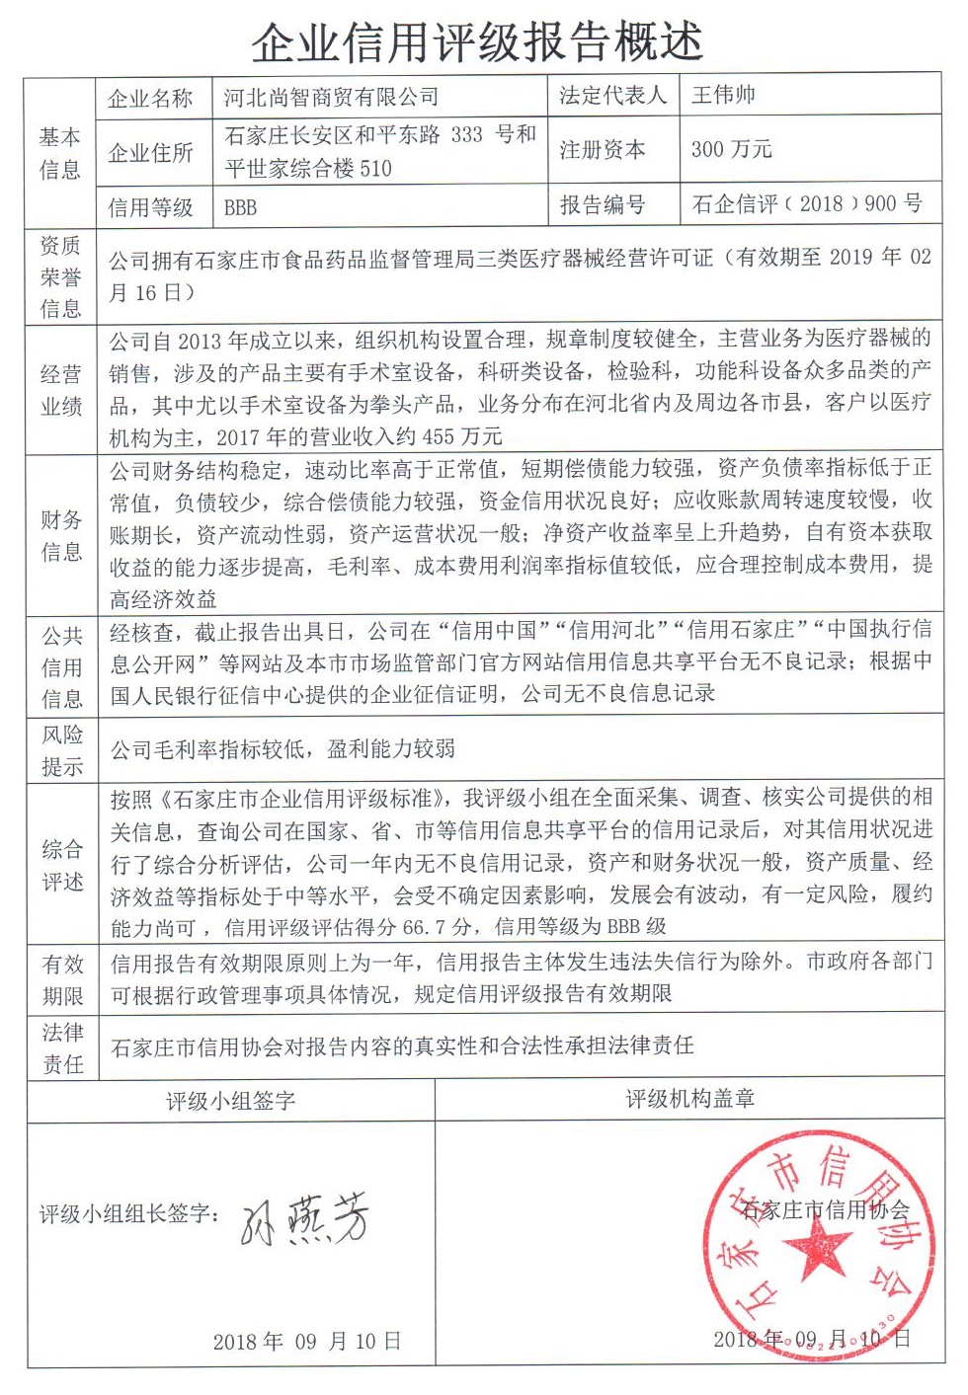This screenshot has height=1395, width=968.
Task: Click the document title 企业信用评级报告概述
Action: (477, 41)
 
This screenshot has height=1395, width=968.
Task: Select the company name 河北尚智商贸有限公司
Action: (331, 97)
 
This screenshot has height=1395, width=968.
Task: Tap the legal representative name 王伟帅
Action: (724, 95)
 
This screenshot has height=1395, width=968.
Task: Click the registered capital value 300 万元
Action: (731, 150)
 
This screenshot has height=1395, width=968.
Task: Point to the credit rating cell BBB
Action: (240, 207)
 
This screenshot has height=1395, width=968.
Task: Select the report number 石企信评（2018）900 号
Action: (807, 204)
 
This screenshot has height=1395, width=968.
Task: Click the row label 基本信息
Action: (59, 153)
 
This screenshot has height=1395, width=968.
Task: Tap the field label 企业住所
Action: (150, 153)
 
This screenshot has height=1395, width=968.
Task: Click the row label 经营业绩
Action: (60, 390)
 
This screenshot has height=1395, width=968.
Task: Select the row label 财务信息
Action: (60, 535)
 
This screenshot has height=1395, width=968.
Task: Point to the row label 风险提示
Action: (61, 750)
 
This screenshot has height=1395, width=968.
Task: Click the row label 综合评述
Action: (61, 865)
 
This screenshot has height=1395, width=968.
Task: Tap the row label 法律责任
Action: (62, 1048)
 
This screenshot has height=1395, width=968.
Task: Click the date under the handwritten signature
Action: (307, 1341)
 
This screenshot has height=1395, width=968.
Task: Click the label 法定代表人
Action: (612, 96)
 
